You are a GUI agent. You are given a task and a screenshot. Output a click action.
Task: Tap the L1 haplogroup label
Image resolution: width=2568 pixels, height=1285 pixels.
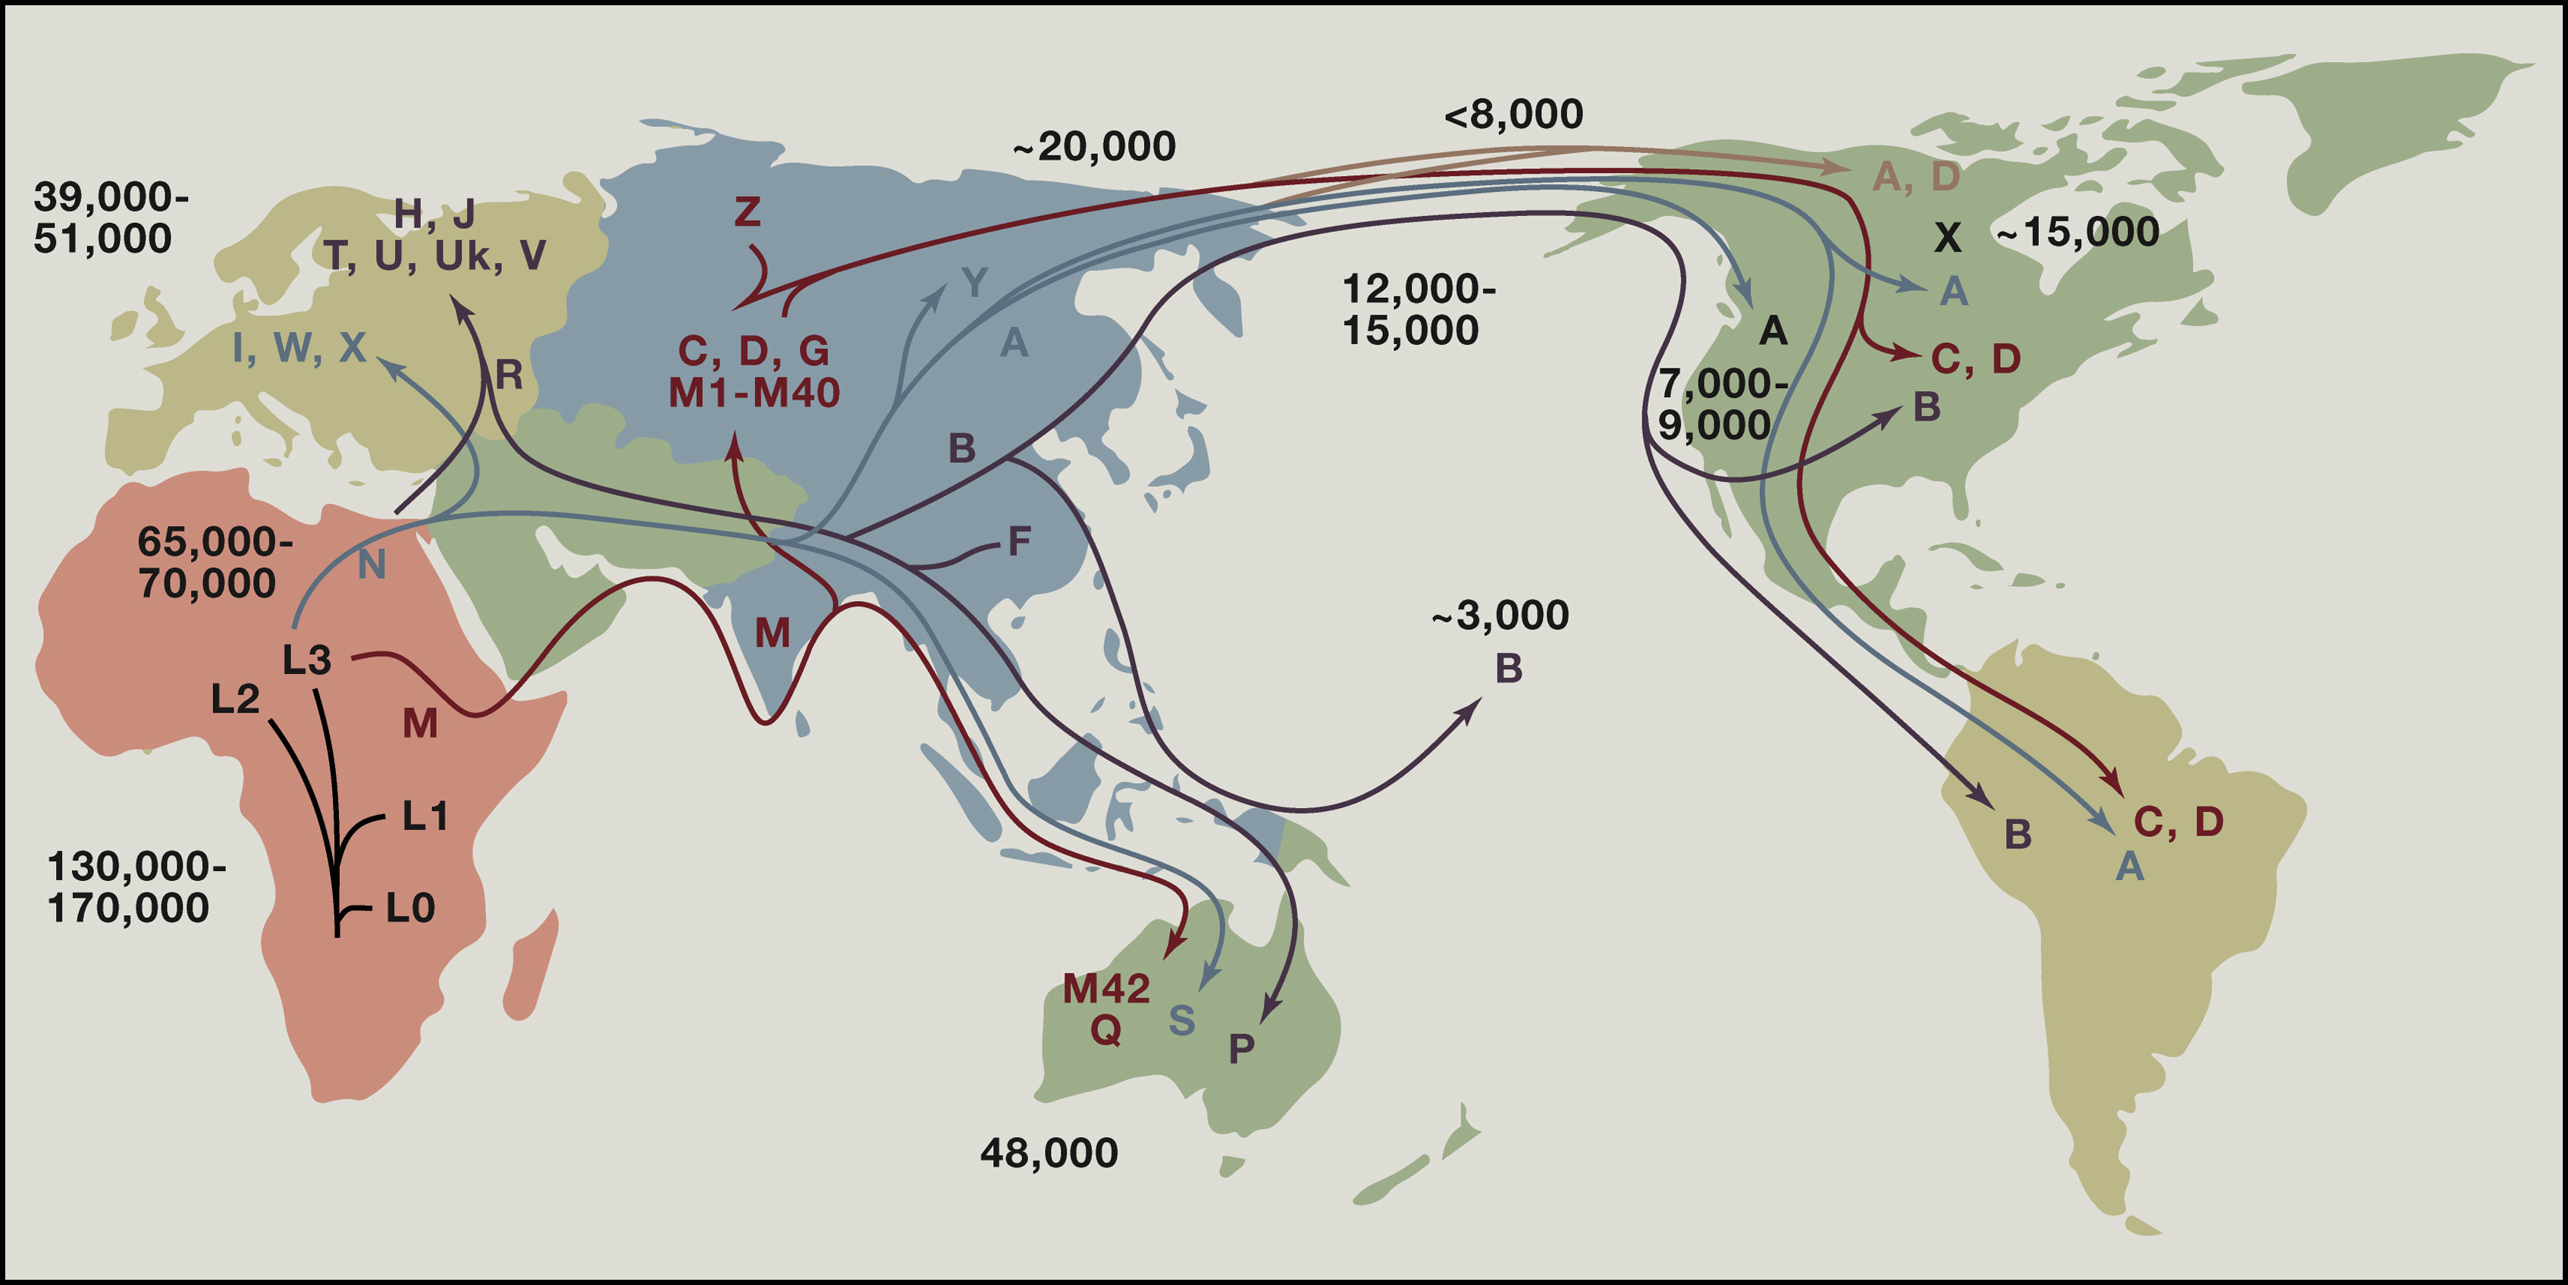click(x=425, y=816)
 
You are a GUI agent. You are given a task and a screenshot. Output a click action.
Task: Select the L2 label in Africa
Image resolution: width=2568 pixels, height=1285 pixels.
click(x=235, y=699)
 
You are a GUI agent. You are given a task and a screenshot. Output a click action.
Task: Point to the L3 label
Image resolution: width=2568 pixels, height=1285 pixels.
click(x=306, y=660)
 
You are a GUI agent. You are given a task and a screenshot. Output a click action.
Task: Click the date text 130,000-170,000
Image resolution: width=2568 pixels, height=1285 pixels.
click(x=136, y=886)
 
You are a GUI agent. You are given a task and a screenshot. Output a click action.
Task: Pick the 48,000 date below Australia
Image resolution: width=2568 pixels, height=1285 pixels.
click(x=1049, y=1153)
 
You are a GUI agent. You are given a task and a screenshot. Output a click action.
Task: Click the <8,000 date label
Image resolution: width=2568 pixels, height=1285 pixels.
click(x=1513, y=114)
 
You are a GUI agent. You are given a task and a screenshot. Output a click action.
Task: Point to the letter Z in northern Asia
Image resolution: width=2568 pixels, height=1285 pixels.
click(x=747, y=212)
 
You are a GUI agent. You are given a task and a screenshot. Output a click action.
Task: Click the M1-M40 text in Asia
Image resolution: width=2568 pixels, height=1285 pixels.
click(x=754, y=393)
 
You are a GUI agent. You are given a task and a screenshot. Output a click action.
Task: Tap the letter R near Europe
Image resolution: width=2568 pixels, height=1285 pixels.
click(x=509, y=376)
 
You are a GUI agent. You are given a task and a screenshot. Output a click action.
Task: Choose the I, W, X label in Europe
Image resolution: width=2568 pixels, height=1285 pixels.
click(x=299, y=348)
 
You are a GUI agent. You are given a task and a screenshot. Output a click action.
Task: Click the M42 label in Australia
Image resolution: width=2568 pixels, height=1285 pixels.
click(x=1105, y=988)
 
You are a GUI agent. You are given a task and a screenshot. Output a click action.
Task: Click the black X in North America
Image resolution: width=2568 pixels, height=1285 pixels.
click(x=1947, y=237)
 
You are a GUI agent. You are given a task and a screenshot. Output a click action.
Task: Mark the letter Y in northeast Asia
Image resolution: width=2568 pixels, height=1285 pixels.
click(x=974, y=283)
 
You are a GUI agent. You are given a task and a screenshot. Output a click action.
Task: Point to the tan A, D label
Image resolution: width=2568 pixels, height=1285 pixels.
click(x=1915, y=177)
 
